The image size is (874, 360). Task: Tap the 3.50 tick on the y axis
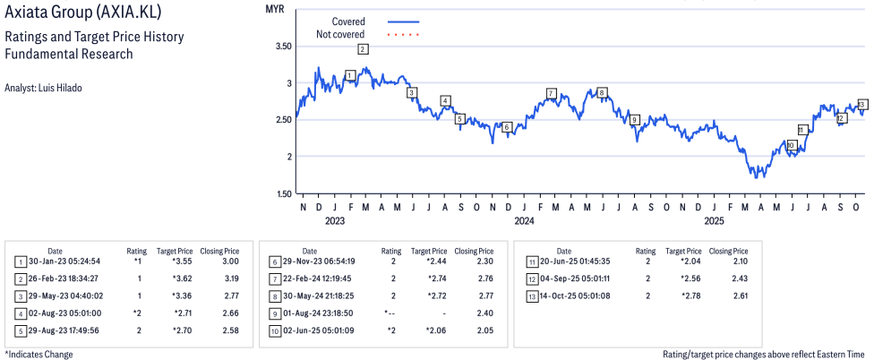[284, 46]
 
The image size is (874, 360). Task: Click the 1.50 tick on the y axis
[284, 193]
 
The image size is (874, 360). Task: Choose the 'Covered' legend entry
[348, 21]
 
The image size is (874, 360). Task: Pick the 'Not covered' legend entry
[340, 34]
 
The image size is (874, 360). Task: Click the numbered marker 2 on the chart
[362, 49]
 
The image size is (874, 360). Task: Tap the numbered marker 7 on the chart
[552, 93]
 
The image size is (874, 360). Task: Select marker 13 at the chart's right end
[862, 105]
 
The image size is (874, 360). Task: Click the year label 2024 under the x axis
[525, 219]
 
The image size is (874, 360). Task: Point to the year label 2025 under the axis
[714, 219]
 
